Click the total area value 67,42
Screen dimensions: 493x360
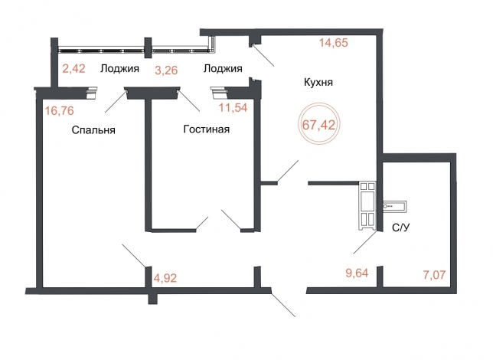click(318, 125)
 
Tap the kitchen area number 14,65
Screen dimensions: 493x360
click(334, 42)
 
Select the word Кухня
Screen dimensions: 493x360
click(318, 83)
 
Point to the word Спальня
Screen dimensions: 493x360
click(93, 130)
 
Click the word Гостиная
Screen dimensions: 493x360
click(206, 129)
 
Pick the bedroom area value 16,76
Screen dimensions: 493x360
click(60, 111)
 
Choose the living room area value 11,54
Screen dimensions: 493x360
click(233, 108)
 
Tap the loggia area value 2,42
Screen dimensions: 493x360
click(74, 69)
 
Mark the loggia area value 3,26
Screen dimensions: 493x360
click(166, 70)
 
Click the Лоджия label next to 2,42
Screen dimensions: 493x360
click(119, 69)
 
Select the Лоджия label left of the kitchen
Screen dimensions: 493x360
click(223, 68)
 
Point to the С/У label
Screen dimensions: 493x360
click(401, 227)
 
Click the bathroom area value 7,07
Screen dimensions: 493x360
click(434, 275)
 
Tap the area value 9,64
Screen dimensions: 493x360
click(357, 273)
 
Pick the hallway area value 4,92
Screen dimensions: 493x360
click(165, 278)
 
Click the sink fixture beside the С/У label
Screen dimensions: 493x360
click(394, 206)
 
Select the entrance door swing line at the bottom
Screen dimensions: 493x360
click(283, 305)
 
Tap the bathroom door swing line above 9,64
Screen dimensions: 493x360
click(364, 242)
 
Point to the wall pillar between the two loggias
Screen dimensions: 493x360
click(148, 47)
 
